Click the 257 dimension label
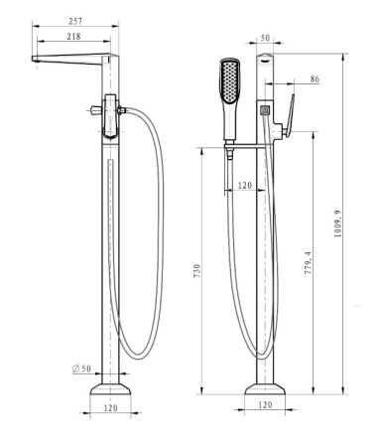pos(75,21)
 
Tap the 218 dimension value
pos(73,36)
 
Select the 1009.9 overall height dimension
pos(337,223)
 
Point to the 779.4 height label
pos(308,262)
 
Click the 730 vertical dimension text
pos(197,270)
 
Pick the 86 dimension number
pos(315,79)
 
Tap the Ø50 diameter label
pos(81,369)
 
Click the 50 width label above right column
pos(265,38)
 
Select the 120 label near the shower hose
pos(245,186)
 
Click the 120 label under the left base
pos(110,408)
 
